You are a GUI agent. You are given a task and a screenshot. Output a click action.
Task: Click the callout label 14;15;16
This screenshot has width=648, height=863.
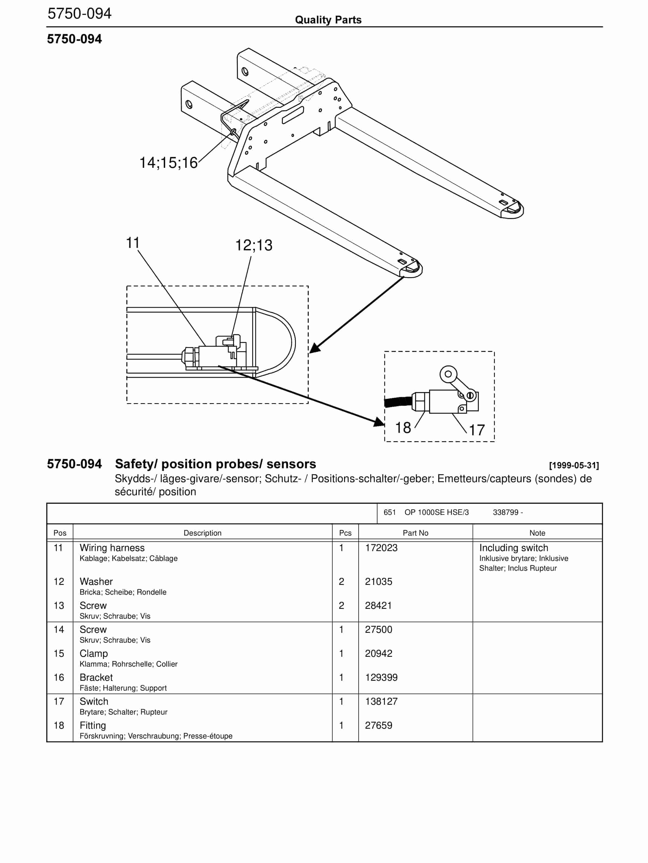pyautogui.click(x=169, y=163)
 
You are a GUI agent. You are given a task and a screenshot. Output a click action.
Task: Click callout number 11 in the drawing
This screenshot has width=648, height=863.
pyautogui.click(x=133, y=243)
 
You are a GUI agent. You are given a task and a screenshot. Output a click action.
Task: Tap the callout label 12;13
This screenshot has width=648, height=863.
pyautogui.click(x=253, y=245)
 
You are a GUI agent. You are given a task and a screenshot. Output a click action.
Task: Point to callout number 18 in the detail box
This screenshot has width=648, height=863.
pyautogui.click(x=403, y=428)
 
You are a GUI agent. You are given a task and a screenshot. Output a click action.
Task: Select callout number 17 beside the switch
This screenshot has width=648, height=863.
pyautogui.click(x=476, y=430)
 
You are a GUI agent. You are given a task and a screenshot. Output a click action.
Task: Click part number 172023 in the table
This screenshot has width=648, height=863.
pyautogui.click(x=381, y=548)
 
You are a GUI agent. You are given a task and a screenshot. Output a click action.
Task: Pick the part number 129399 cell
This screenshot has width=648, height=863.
pyautogui.click(x=381, y=677)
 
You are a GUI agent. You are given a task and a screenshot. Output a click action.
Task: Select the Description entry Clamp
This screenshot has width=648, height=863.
pyautogui.click(x=94, y=654)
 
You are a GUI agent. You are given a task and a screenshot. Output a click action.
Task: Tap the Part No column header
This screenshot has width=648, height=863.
pyautogui.click(x=415, y=533)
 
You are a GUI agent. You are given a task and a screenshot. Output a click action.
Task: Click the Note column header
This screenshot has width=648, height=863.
pyautogui.click(x=537, y=533)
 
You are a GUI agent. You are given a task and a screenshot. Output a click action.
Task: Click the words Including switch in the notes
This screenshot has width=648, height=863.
pyautogui.click(x=513, y=548)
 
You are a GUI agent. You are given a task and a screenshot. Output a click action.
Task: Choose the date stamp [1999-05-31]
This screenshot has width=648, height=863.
pyautogui.click(x=573, y=465)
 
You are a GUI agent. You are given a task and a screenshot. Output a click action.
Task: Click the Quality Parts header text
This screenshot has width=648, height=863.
pyautogui.click(x=328, y=20)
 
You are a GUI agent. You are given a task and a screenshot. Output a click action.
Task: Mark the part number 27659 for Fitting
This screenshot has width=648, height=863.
pyautogui.click(x=378, y=725)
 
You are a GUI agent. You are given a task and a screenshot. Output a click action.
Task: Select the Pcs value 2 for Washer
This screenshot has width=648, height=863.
pyautogui.click(x=341, y=581)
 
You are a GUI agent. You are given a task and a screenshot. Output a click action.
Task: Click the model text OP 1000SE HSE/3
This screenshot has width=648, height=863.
pyautogui.click(x=436, y=512)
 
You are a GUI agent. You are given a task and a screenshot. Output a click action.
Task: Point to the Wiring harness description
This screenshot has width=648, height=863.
pyautogui.click(x=112, y=548)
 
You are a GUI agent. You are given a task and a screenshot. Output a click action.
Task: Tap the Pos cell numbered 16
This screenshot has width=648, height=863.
pyautogui.click(x=59, y=677)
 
